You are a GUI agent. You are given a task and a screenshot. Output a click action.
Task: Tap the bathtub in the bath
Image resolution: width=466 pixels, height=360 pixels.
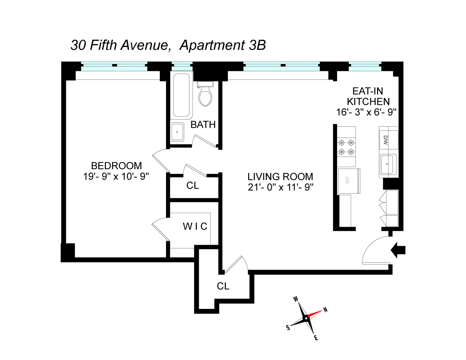[x=181, y=95]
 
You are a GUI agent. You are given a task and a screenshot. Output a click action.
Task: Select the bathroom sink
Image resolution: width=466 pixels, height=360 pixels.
[x=177, y=132]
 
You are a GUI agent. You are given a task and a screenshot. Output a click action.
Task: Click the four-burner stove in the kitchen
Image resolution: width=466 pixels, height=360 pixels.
[x=346, y=147]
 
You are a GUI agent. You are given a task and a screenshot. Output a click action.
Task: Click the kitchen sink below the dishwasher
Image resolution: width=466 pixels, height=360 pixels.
[x=388, y=164]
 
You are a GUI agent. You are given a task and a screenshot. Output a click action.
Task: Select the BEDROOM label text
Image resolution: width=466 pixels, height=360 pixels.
[x=116, y=166]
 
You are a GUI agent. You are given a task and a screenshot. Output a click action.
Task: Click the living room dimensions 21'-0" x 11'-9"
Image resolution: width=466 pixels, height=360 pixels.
[x=281, y=187]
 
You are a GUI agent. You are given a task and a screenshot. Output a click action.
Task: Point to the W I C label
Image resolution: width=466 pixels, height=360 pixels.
[x=195, y=226]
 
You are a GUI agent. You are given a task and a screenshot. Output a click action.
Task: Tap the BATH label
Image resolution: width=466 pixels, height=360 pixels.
[x=203, y=125]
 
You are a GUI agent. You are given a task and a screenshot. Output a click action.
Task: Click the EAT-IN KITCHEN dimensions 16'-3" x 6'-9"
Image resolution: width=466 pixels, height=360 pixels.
[x=366, y=112]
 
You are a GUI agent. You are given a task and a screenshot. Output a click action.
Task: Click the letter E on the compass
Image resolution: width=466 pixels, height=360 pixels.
[x=316, y=338]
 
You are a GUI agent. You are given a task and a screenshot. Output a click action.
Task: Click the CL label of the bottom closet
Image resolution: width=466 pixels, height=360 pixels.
[x=223, y=286]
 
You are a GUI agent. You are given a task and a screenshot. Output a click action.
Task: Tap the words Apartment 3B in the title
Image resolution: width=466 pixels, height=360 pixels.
[x=223, y=45]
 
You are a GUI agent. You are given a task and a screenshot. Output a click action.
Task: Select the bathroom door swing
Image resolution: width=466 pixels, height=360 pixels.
[x=203, y=141]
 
